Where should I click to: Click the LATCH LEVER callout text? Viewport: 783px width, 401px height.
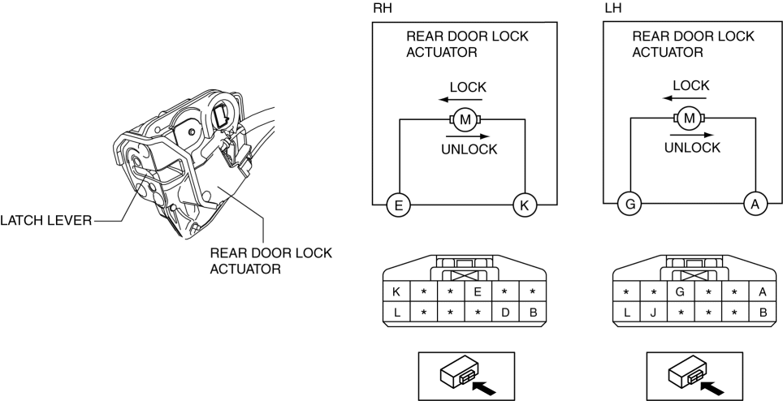tap(45, 219)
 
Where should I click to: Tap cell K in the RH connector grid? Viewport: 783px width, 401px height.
tap(396, 291)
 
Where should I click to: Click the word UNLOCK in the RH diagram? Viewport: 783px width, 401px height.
tap(468, 149)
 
